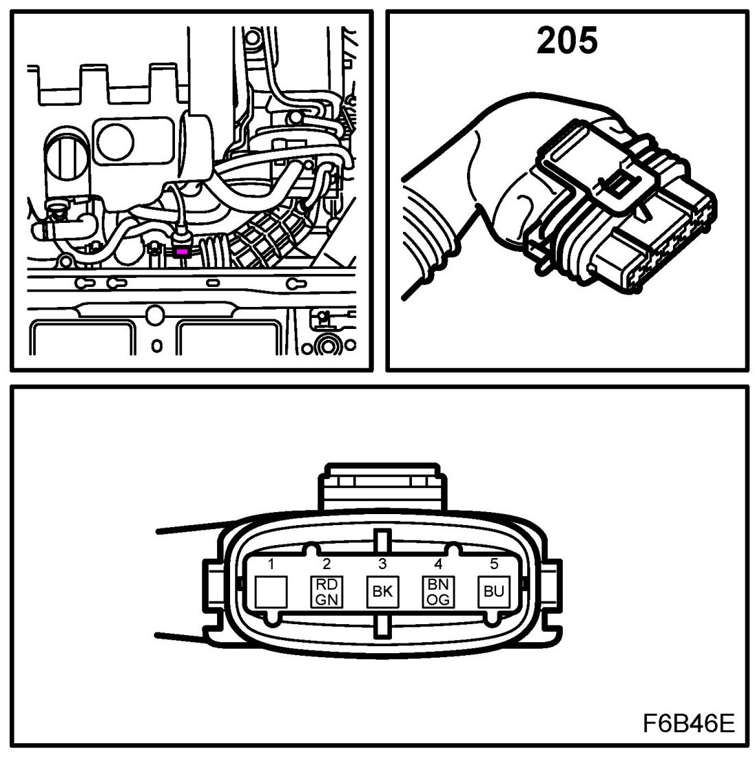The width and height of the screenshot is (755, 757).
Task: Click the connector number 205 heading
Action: [x=567, y=41]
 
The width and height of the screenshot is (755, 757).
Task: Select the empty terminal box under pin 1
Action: [x=271, y=591]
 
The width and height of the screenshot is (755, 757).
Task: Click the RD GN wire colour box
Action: [x=327, y=591]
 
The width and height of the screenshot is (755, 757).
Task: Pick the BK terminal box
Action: [x=382, y=591]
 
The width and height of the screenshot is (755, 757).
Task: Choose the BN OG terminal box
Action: [x=437, y=591]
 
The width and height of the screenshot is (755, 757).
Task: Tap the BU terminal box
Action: [x=493, y=591]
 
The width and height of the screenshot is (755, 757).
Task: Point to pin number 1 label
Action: [x=271, y=564]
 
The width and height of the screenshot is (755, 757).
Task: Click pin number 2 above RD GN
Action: [x=327, y=564]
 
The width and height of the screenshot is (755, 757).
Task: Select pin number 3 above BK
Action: [x=382, y=564]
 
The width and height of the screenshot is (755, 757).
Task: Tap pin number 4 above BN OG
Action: [x=437, y=564]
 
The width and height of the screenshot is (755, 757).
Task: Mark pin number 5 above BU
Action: [x=493, y=564]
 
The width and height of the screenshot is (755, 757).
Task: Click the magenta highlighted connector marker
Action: [x=183, y=253]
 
